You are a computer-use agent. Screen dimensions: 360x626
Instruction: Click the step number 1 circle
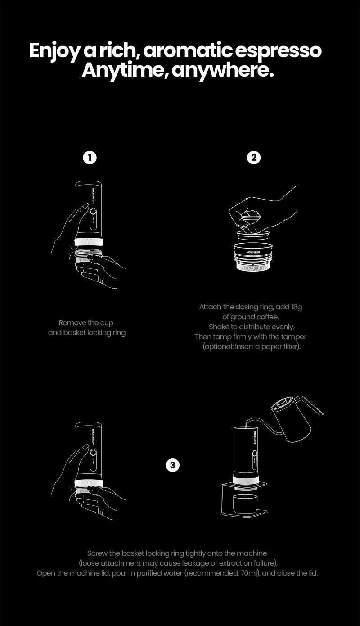[90, 158]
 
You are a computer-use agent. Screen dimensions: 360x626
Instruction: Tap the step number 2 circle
[254, 158]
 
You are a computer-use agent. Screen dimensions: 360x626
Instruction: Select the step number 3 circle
[173, 465]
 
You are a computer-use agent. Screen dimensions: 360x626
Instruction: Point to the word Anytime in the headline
[121, 71]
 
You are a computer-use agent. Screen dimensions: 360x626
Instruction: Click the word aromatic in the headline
[188, 50]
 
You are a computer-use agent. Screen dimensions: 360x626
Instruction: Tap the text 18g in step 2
[296, 308]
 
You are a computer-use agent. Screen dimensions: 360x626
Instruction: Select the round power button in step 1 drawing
[93, 212]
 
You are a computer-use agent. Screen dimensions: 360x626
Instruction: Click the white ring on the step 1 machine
[89, 242]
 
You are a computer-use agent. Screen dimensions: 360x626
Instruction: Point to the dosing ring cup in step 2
[253, 256]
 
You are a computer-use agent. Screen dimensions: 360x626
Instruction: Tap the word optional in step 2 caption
[218, 347]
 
